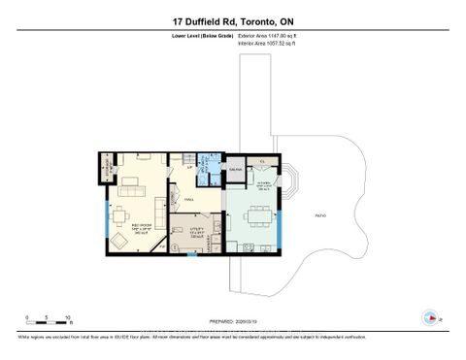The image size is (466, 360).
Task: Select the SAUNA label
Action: [x=234, y=171]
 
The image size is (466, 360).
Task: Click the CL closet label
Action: [x=262, y=162]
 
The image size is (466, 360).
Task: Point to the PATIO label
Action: [x=321, y=213]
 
